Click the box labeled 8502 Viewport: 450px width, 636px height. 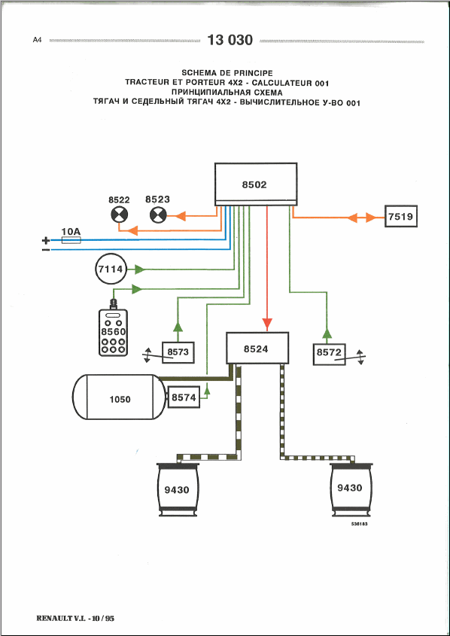click(256, 184)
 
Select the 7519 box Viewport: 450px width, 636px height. click(400, 217)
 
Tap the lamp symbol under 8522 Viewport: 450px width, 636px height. click(119, 215)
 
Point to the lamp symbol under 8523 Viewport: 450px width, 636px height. click(158, 215)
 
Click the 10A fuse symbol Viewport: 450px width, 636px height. click(71, 240)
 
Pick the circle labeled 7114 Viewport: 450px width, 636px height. click(111, 269)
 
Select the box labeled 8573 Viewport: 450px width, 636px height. click(178, 352)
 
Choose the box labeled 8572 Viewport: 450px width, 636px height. click(329, 354)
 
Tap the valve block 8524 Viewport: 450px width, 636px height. click(257, 348)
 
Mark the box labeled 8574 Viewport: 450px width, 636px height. click(184, 397)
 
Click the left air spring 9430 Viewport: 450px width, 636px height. click(177, 490)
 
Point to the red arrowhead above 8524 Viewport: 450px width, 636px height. click(266, 324)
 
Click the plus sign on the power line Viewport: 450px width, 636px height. click(46, 240)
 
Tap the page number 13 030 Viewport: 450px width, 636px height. click(230, 40)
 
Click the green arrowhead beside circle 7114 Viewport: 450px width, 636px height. click(139, 269)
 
